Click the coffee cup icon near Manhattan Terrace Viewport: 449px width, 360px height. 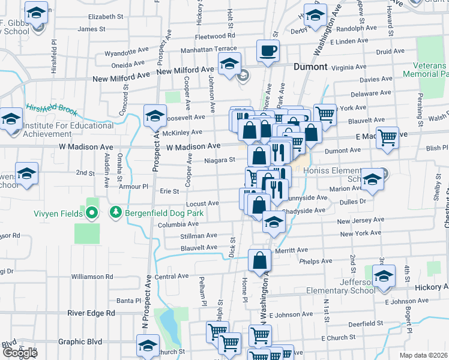point(268,50)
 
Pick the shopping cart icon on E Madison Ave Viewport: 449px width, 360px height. point(387,137)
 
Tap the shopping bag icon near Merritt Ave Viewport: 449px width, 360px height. point(259,260)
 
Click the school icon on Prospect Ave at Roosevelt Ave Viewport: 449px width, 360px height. point(155,115)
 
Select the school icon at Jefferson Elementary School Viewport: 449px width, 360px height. point(383,276)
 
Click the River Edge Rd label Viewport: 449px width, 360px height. point(91,313)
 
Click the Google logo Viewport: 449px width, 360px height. point(20,352)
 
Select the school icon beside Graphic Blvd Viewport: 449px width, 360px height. point(148,345)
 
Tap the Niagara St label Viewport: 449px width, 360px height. point(218,160)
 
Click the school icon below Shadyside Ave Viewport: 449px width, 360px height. point(274,222)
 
